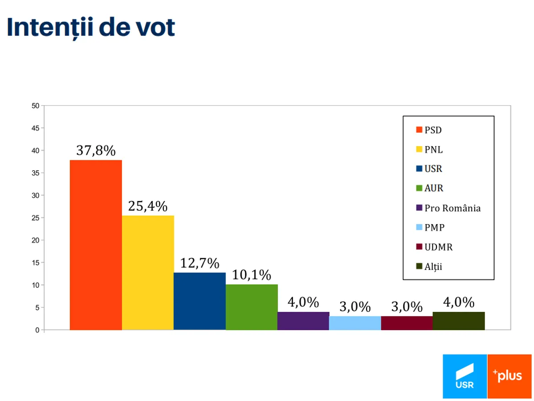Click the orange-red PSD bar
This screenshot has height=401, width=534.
click(96, 245)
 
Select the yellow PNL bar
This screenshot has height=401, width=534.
click(148, 273)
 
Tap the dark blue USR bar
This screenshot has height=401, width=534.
click(199, 301)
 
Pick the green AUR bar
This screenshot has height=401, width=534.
click(251, 307)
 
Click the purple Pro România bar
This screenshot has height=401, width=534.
click(303, 321)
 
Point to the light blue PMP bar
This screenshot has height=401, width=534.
click(355, 323)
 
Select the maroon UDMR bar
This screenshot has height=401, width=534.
click(407, 323)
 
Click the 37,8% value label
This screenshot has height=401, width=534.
click(96, 151)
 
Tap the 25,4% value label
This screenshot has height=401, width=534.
click(148, 206)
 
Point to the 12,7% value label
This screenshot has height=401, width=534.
click(199, 263)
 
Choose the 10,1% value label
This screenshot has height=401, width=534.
click(251, 275)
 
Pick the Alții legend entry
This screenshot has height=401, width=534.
click(433, 267)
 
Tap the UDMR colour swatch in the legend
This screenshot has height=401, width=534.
click(419, 247)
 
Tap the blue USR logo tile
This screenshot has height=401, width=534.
click(465, 376)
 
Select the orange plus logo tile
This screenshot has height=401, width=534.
click(510, 376)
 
